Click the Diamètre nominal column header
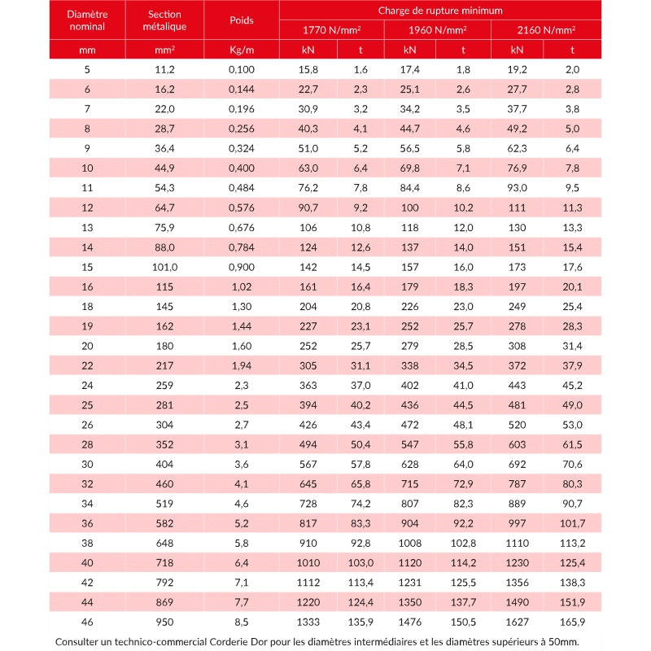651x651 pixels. coord(87,20)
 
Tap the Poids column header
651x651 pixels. coord(242,20)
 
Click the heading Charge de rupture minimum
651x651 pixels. coord(439,11)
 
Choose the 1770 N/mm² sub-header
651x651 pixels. coord(331,30)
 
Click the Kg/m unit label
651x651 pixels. coord(242,50)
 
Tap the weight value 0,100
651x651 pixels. coord(242,69)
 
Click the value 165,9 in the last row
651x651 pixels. coord(572,621)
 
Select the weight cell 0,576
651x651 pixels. coord(242,207)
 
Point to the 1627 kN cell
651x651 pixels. coord(517,621)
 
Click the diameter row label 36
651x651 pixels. coord(87,522)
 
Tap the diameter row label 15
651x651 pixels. coord(87,266)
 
